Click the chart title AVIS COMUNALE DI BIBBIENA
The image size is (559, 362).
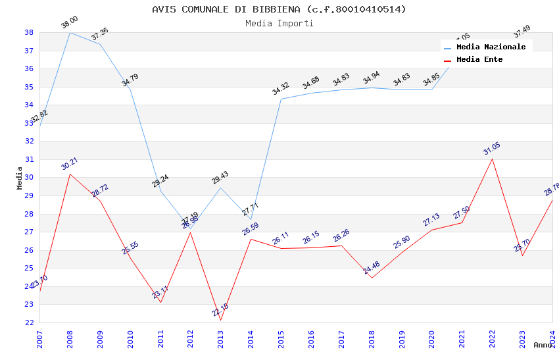279,9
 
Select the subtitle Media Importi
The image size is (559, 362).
279,23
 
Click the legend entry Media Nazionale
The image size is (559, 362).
491,47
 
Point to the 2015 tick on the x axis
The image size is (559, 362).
281,339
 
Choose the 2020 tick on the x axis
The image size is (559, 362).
431,339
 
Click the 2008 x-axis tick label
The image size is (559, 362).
70,339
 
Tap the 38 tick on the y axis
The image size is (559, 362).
29,32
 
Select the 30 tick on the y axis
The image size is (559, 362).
29,177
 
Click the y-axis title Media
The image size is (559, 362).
20,178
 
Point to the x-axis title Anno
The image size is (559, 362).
543,345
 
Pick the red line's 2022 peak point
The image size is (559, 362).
492,159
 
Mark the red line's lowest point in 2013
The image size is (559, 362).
221,321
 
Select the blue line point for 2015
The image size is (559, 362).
281,99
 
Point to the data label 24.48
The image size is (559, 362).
371,268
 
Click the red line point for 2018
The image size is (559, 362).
372,278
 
